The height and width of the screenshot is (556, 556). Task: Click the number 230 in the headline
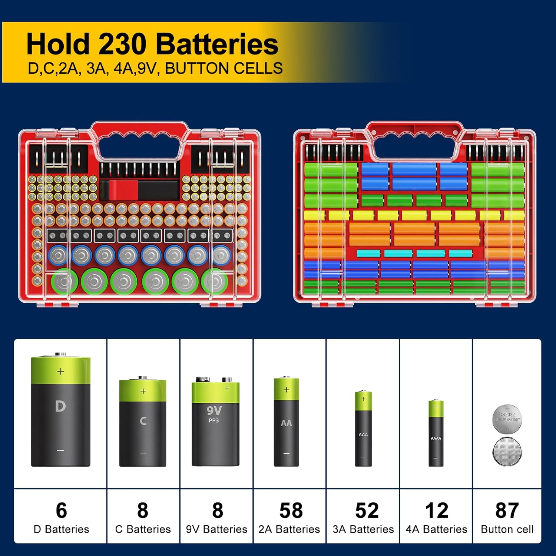click(122, 44)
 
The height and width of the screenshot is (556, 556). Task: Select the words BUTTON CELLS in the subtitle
click(224, 69)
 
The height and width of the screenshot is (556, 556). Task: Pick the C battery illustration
click(143, 422)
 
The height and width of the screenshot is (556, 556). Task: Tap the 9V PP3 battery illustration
click(215, 423)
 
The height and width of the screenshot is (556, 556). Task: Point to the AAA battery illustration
click(363, 428)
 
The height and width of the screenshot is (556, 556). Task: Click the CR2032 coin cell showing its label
click(507, 418)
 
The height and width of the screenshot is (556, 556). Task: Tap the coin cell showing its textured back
click(507, 451)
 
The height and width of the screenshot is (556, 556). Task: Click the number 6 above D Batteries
click(61, 510)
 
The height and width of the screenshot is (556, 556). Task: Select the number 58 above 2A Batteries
click(291, 510)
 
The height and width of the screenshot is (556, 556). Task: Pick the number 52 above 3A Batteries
click(367, 510)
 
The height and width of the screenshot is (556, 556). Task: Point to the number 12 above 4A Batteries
click(437, 510)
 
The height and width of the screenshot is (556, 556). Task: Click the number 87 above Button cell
click(507, 510)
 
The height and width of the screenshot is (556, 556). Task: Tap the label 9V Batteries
click(216, 529)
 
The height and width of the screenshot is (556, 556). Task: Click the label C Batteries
click(143, 529)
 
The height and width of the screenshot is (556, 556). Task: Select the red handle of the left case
click(139, 128)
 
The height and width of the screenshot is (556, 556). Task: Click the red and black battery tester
click(139, 190)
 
